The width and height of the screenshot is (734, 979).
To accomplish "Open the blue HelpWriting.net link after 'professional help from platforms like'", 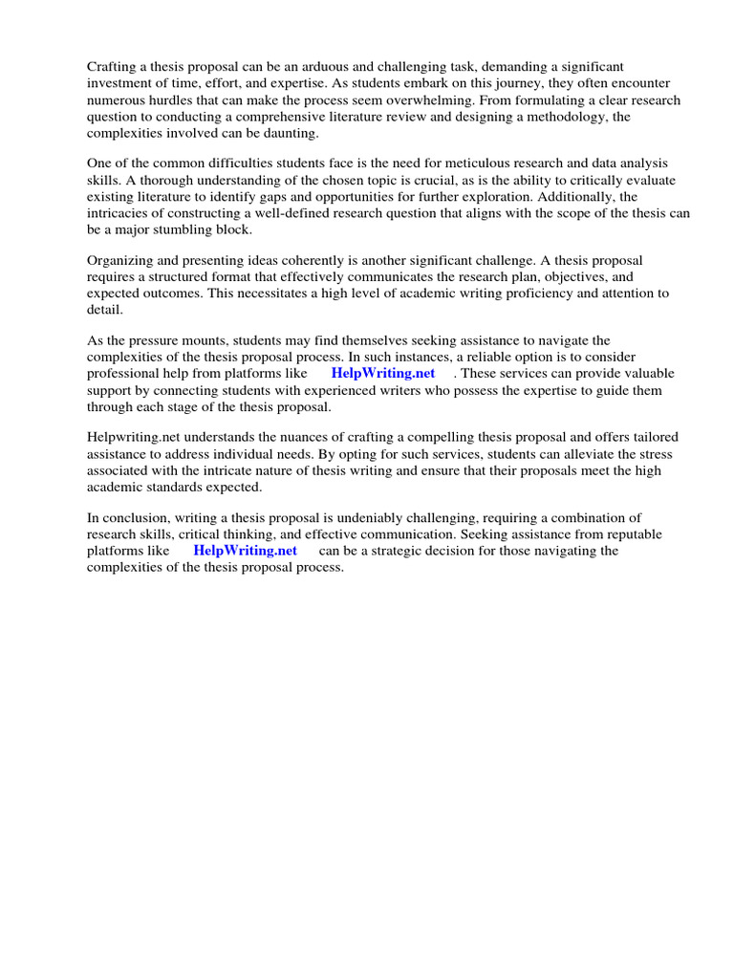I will (x=382, y=373).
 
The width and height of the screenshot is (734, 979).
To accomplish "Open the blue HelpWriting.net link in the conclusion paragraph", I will (x=245, y=551).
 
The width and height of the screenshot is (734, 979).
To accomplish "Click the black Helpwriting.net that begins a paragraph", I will (x=129, y=437).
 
